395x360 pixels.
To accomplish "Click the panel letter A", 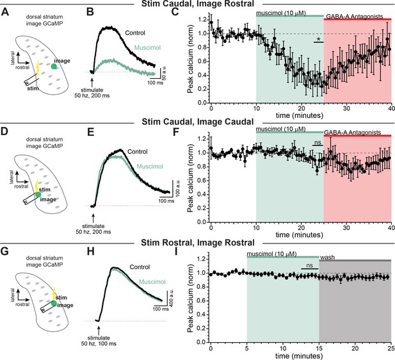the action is click(x=5, y=12).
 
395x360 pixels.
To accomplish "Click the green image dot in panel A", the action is click(x=54, y=67).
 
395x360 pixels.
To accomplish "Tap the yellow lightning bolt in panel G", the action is click(x=54, y=293).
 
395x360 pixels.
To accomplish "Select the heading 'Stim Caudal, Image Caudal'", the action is click(x=197, y=122).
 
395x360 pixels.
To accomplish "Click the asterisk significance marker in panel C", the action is click(x=319, y=39).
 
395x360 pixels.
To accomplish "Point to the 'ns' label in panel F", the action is click(x=318, y=142).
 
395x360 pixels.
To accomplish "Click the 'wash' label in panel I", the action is click(x=327, y=258).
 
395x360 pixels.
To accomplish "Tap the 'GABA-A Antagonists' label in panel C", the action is click(x=355, y=17).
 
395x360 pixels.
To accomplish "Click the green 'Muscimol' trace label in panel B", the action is click(x=147, y=47).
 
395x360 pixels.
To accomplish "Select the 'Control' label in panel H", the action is click(x=140, y=267).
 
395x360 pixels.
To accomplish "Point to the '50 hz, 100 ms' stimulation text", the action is click(x=99, y=343).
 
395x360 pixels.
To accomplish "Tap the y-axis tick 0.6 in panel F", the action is click(x=203, y=181).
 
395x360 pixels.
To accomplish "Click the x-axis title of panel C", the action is click(x=300, y=115).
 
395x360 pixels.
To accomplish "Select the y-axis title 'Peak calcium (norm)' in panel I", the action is click(x=191, y=299).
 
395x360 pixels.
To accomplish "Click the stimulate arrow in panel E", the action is click(x=93, y=218).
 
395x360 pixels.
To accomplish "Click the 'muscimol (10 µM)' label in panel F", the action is click(x=280, y=129).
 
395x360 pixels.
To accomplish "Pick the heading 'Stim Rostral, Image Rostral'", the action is click(x=197, y=243).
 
